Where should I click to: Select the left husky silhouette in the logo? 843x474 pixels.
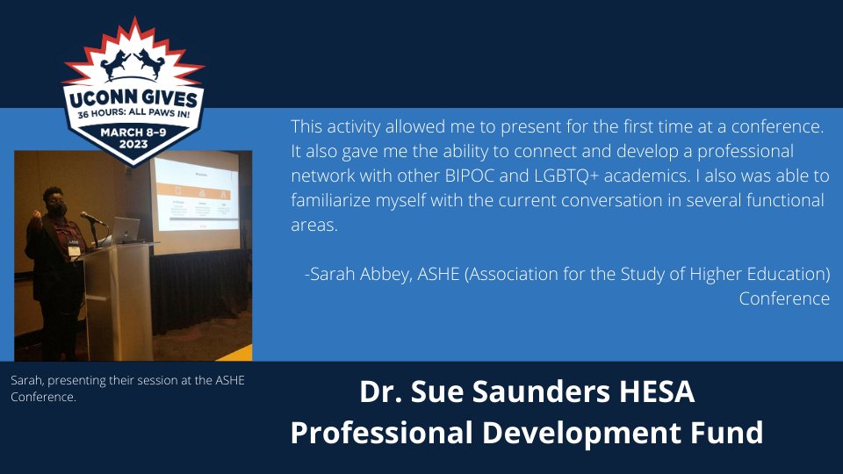(x=118, y=64)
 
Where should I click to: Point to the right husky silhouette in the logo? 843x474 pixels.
(x=150, y=64)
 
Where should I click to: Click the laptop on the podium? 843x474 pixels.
(x=126, y=232)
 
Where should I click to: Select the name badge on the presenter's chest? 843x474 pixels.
(x=75, y=249)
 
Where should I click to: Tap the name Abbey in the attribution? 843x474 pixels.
(x=381, y=275)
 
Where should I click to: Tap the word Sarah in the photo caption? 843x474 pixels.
(x=26, y=381)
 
